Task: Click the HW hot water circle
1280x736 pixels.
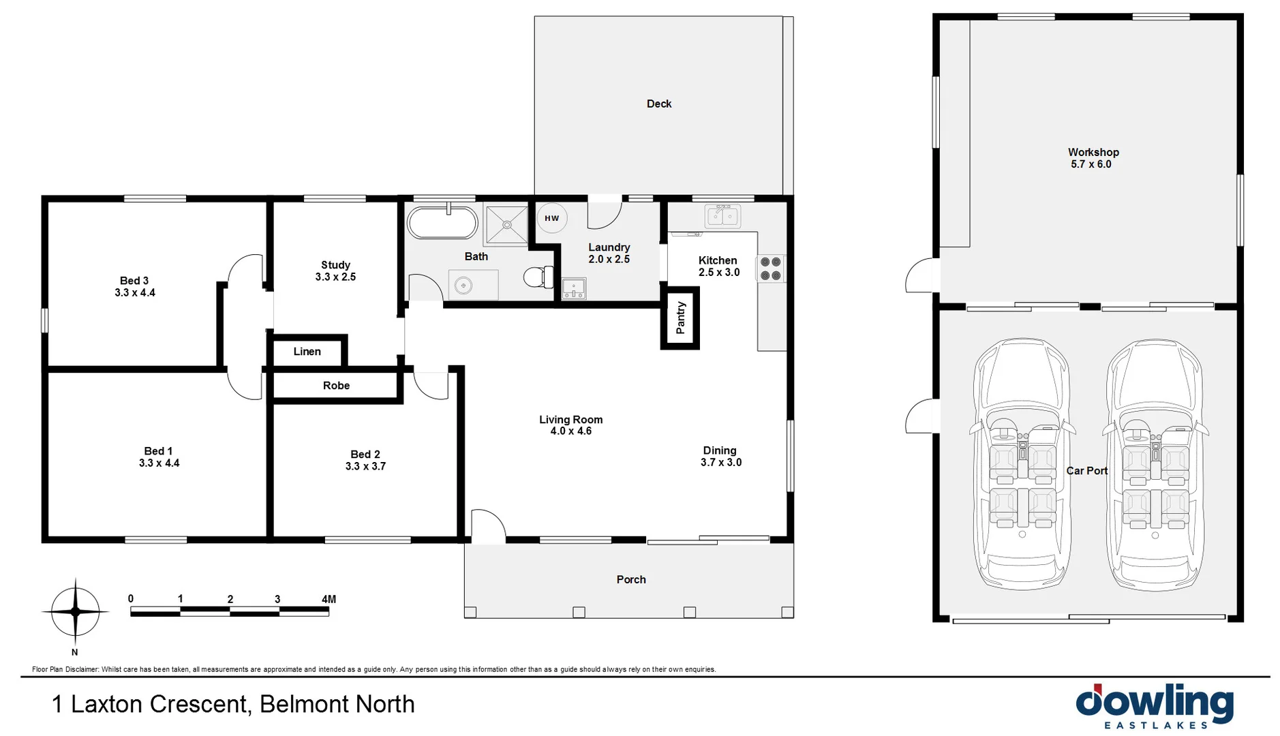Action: (551, 218)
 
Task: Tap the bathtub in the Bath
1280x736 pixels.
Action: (442, 222)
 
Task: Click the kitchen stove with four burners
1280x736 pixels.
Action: (770, 269)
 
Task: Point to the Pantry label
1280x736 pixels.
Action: (680, 318)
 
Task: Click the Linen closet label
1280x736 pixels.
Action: (307, 352)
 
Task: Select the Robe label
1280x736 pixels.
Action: (336, 386)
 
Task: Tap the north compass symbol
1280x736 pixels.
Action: (75, 612)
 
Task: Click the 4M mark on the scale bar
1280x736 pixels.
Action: (329, 600)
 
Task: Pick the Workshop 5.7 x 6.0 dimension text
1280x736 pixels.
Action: (1091, 164)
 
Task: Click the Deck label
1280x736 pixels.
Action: (659, 104)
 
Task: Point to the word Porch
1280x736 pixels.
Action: (631, 579)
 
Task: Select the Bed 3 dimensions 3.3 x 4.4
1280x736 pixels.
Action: (135, 293)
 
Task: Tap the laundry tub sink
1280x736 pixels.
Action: (574, 288)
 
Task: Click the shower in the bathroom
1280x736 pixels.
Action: (506, 224)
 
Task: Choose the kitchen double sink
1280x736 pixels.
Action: (722, 217)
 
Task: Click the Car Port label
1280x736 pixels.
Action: (1086, 471)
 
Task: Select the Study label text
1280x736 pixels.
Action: (335, 265)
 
